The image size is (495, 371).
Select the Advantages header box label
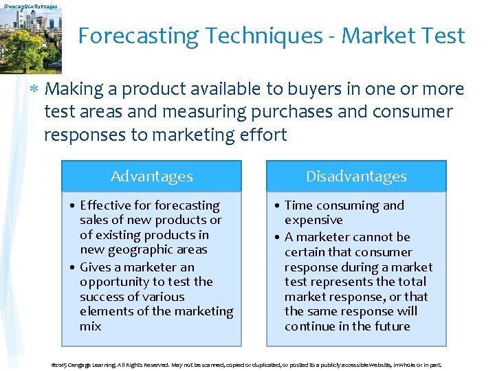[x=151, y=177]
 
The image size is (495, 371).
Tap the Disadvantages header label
[x=356, y=177]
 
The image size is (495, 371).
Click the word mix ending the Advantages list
[x=90, y=326]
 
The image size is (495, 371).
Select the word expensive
[x=313, y=220]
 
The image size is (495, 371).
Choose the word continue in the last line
[x=309, y=326]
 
